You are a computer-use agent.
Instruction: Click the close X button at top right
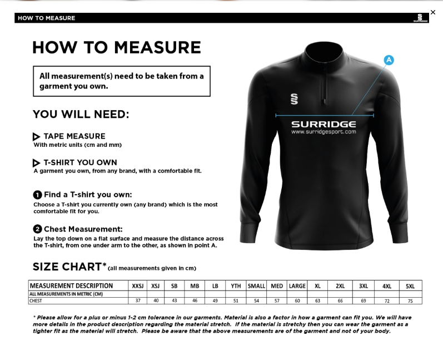click(433, 12)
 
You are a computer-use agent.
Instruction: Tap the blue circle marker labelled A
click(389, 60)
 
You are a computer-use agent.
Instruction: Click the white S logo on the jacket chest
click(294, 98)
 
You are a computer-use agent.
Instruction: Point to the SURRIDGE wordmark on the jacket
click(323, 124)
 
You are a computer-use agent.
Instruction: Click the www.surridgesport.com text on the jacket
click(323, 132)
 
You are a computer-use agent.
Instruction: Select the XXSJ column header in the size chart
click(138, 286)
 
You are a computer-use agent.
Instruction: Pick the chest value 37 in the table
click(138, 300)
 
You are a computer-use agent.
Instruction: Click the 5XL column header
click(410, 286)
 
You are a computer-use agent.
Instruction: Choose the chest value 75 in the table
click(410, 300)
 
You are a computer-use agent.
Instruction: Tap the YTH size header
click(236, 286)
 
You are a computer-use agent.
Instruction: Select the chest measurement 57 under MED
click(276, 300)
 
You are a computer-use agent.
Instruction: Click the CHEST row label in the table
click(36, 300)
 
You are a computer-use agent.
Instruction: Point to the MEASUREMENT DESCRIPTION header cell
click(71, 286)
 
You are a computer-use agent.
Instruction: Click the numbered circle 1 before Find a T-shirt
click(37, 195)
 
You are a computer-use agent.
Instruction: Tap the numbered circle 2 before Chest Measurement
click(37, 229)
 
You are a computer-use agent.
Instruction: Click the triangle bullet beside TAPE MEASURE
click(36, 137)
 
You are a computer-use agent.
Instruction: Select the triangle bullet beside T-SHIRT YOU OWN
click(36, 163)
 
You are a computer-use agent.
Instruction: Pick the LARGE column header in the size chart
click(297, 286)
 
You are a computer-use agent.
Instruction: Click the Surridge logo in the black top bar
click(420, 18)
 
